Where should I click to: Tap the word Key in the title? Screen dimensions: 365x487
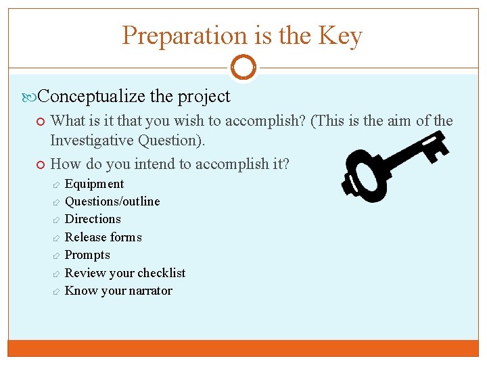[x=342, y=36]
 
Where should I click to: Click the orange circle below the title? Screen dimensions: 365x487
[x=243, y=68]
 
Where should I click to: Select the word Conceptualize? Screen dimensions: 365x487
[x=92, y=97]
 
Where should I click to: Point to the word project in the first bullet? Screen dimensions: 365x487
[x=204, y=97]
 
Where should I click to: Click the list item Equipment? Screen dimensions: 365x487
[x=94, y=184]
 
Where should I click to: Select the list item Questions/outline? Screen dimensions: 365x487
[x=112, y=201]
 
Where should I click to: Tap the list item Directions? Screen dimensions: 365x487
[x=93, y=219]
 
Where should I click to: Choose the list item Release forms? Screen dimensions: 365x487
[x=103, y=237]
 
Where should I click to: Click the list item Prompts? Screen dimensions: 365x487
[x=87, y=255]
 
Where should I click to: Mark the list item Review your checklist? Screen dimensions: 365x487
[x=124, y=273]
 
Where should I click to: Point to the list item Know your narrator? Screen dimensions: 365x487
[x=118, y=291]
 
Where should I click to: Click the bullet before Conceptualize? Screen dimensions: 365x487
[x=32, y=97]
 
